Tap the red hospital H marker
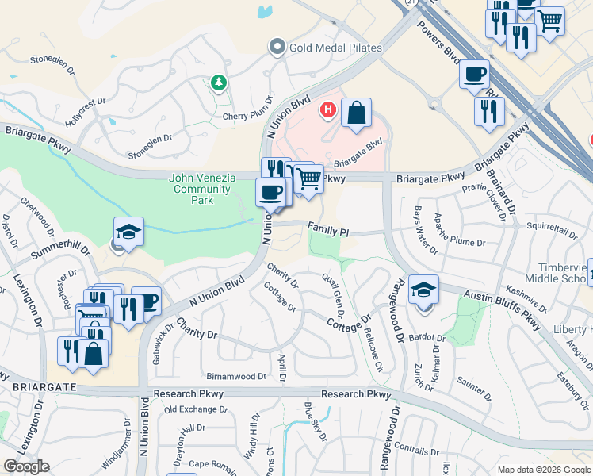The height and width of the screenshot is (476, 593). (x=326, y=109)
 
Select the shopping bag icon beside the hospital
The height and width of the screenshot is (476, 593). (x=357, y=113)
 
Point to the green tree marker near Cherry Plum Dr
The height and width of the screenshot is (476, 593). (x=218, y=83)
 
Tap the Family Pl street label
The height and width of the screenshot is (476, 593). (x=328, y=228)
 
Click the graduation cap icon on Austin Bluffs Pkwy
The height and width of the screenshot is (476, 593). (x=423, y=289)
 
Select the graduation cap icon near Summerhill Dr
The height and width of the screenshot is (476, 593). (x=128, y=232)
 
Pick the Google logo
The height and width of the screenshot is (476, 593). (x=25, y=466)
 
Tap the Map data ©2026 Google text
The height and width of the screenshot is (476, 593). (x=543, y=470)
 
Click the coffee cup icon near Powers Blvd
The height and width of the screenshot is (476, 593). (x=474, y=75)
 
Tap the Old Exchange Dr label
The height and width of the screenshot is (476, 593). (x=196, y=409)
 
